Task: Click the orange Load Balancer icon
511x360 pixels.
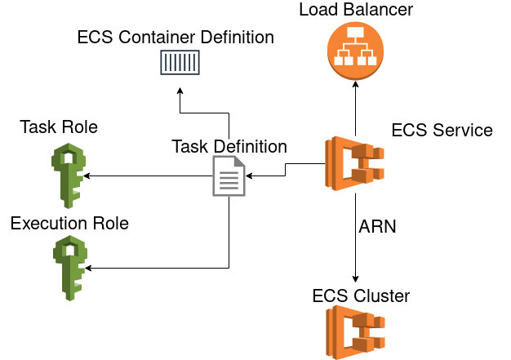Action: click(356, 51)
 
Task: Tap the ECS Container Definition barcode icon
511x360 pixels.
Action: click(179, 64)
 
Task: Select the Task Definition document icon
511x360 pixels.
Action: click(229, 176)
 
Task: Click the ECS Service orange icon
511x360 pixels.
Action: click(356, 164)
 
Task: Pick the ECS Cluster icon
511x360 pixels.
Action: click(356, 334)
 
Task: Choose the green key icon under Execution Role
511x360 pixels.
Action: click(69, 268)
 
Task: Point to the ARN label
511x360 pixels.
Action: click(377, 227)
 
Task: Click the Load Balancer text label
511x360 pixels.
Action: click(356, 11)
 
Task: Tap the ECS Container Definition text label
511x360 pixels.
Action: click(176, 38)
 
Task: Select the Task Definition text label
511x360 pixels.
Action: click(229, 147)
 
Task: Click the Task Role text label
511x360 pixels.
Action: click(59, 127)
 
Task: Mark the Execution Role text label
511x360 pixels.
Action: click(69, 223)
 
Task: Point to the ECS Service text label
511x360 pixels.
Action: click(442, 131)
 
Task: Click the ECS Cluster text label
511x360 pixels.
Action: click(361, 296)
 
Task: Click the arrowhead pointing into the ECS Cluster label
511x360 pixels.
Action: click(356, 280)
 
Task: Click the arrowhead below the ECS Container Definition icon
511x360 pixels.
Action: click(179, 85)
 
